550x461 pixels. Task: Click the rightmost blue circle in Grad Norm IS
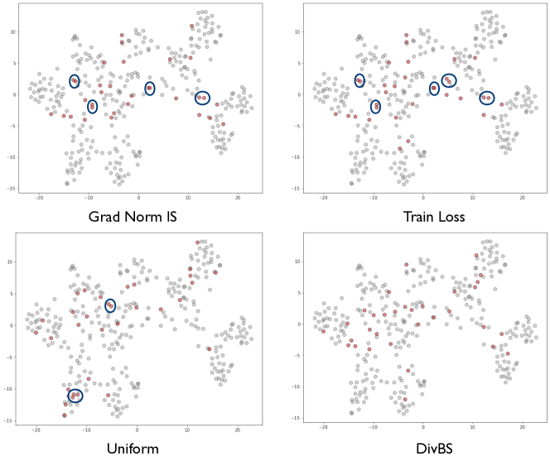pos(202,98)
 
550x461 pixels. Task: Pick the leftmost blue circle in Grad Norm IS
pos(75,81)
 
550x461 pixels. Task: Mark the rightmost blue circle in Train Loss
pos(487,98)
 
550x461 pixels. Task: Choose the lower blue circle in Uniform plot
pos(75,396)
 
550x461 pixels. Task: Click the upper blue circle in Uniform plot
pos(110,305)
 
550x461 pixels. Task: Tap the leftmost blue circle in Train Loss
pos(359,80)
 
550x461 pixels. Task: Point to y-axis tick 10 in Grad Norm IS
pos(13,31)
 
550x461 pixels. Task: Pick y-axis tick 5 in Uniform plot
pos(13,294)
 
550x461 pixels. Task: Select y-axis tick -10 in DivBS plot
pos(296,389)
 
